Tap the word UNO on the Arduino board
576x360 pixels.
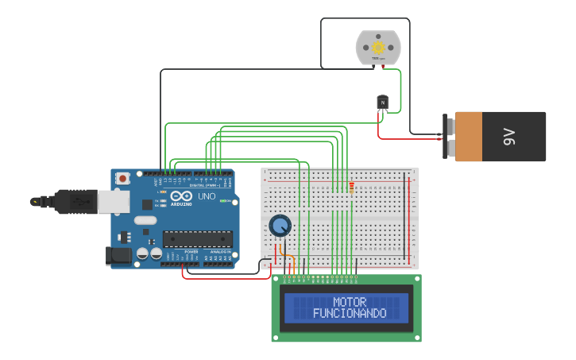coord(207,196)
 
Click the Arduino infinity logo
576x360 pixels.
coord(180,196)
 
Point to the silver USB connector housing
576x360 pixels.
coord(113,202)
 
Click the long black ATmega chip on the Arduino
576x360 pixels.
coord(198,238)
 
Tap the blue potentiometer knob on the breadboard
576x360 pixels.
coord(280,226)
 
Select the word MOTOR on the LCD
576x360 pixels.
coord(350,303)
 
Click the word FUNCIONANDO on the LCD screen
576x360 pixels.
coord(350,314)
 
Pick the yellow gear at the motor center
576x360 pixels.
coord(378,48)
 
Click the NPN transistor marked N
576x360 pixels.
coord(382,102)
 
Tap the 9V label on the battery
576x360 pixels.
coord(509,137)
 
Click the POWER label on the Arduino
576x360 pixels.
coord(191,252)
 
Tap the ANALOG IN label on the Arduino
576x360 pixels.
coord(221,252)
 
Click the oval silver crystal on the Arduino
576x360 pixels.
coord(145,220)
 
